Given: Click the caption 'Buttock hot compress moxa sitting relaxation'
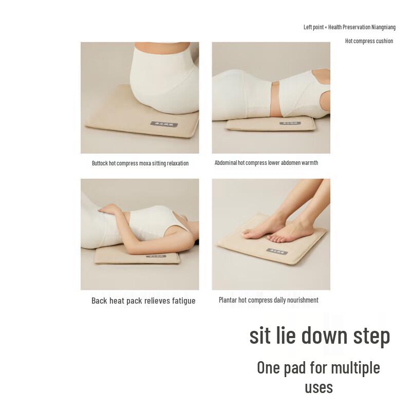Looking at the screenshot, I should click(140, 163).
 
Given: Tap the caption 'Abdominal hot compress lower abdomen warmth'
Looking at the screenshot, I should click(266, 163).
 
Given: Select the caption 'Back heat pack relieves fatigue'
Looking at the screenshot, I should click(143, 301).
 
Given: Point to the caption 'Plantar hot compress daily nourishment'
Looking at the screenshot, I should click(268, 300).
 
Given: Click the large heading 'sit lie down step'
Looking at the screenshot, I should click(320, 335).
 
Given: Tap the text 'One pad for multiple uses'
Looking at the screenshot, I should click(319, 377).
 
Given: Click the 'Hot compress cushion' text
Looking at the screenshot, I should click(369, 41).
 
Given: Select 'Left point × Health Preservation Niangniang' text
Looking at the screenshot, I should click(349, 27).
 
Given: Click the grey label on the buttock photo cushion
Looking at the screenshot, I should click(164, 124).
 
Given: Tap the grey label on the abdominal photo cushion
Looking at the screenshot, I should click(290, 123).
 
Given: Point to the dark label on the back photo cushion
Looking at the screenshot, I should click(156, 256).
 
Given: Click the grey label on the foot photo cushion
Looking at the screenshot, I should click(277, 251).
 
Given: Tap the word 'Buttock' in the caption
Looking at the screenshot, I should click(100, 163).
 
